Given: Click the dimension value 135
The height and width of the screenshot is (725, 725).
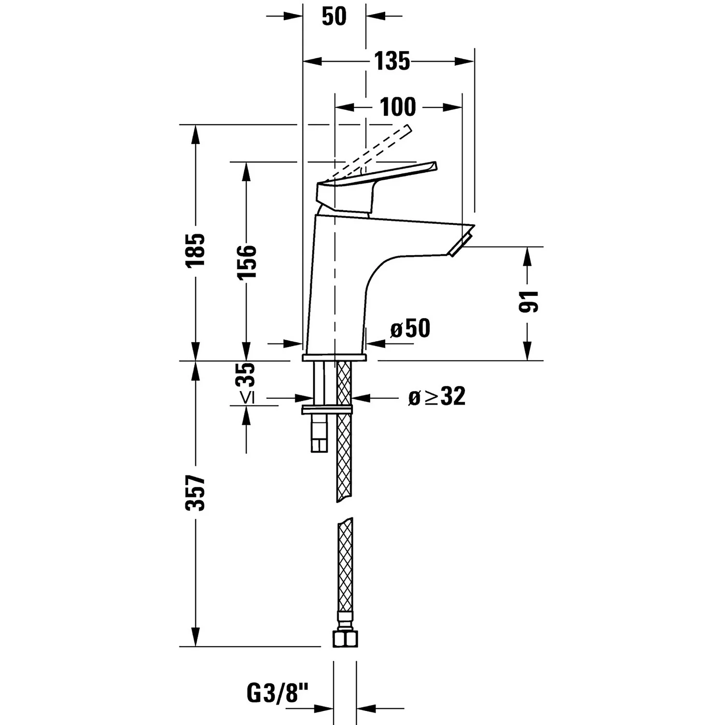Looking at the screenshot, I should point(391,61).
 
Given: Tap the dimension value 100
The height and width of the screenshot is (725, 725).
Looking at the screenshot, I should point(397,107).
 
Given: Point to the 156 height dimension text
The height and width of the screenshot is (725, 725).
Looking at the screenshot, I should point(246,261).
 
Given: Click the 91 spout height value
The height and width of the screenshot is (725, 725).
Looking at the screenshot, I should point(528,302).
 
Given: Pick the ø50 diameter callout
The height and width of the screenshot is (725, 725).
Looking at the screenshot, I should point(410,329).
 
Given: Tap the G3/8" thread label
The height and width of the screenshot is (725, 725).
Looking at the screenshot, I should point(277,694).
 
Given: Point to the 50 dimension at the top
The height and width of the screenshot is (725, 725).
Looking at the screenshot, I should point(334,16).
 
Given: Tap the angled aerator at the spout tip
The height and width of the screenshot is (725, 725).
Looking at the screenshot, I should point(460,244).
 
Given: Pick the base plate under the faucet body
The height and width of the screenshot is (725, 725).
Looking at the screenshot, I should point(334,358).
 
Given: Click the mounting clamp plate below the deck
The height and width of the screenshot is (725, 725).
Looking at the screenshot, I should point(327,410).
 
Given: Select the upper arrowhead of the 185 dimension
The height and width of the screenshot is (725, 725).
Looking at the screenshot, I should point(196,133).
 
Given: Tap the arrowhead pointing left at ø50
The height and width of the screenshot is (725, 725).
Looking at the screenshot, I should point(376,344).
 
